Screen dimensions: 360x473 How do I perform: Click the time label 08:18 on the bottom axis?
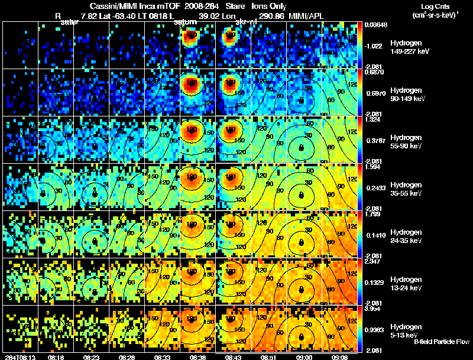(56, 357)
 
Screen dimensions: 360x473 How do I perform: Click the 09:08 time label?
(339, 357)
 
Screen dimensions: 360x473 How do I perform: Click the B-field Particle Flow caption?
(442, 342)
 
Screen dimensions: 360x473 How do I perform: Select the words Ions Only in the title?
(270, 5)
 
